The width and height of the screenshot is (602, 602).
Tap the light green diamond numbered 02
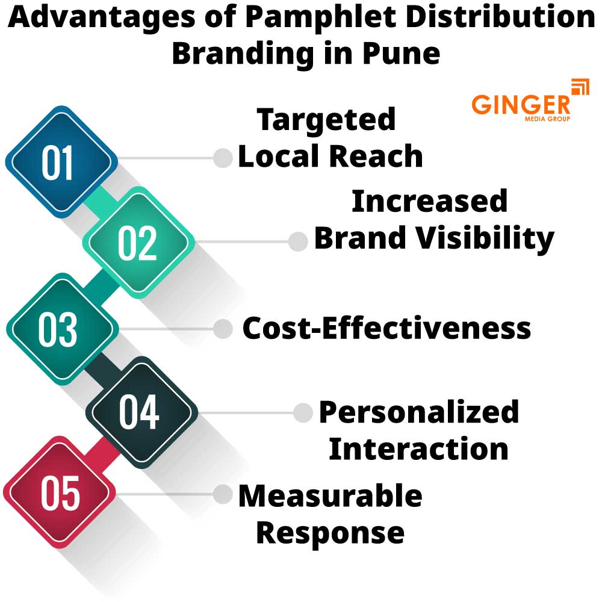point(138,243)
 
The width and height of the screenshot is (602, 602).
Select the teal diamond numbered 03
point(58,329)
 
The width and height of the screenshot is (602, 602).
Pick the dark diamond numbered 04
point(139,412)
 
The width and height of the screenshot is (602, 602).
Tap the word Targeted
point(327,119)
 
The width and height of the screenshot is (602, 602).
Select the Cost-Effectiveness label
point(386,329)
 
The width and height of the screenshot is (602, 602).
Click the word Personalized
point(419,412)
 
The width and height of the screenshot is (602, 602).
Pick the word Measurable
point(330,496)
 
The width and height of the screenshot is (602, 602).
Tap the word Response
point(330,532)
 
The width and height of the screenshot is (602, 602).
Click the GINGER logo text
point(521,104)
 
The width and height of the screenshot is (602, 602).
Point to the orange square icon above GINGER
point(580,87)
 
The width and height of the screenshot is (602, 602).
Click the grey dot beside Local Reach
point(223,158)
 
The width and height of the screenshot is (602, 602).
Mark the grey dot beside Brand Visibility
point(297,241)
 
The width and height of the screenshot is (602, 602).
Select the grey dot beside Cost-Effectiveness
point(223,329)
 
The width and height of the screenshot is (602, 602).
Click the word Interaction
point(419,449)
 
